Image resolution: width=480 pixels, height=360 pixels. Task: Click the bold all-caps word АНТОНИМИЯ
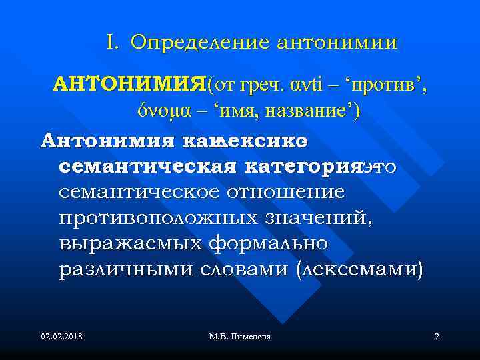click(x=129, y=85)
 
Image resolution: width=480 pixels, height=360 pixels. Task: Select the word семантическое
click(x=141, y=192)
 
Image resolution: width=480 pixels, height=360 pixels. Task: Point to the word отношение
click(x=287, y=192)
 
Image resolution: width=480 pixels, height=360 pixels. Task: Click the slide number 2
click(x=436, y=337)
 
